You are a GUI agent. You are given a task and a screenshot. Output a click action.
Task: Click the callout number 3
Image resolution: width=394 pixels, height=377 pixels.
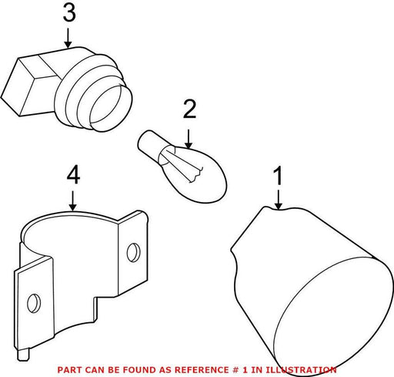pyautogui.click(x=69, y=13)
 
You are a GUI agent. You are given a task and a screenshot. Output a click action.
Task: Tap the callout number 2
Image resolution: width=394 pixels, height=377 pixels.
pyautogui.click(x=189, y=109)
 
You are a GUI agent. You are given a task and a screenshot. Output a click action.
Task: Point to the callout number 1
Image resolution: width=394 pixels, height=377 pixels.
pyautogui.click(x=278, y=176)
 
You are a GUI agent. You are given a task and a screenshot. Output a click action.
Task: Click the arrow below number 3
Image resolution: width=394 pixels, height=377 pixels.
pyautogui.click(x=68, y=38)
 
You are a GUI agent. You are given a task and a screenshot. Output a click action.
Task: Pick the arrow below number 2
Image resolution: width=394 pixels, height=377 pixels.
pyautogui.click(x=189, y=139)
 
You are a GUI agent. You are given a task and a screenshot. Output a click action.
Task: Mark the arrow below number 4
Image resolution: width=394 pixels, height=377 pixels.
pyautogui.click(x=73, y=200)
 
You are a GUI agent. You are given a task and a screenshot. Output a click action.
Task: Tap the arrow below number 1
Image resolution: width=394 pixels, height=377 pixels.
pyautogui.click(x=279, y=200)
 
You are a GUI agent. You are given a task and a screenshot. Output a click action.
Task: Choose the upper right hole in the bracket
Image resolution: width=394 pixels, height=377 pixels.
pyautogui.click(x=134, y=253)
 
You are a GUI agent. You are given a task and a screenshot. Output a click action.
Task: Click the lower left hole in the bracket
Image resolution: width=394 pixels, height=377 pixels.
pyautogui.click(x=34, y=303)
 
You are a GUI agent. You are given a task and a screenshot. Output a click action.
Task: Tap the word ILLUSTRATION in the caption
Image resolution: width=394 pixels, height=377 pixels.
pyautogui.click(x=301, y=370)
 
